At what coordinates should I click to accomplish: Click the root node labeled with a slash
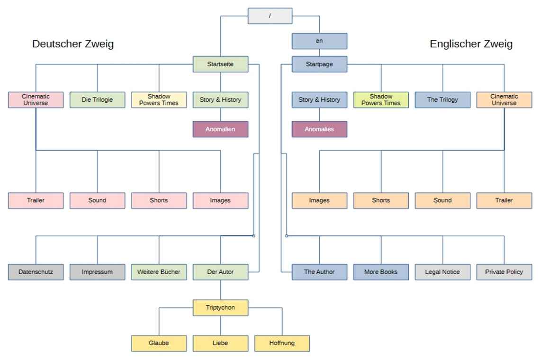click(270, 16)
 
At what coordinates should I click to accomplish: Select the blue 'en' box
click(319, 41)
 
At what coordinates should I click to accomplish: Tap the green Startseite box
click(220, 64)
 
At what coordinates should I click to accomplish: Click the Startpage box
click(319, 64)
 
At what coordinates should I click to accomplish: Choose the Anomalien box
click(220, 129)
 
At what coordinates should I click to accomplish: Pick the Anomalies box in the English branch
click(319, 129)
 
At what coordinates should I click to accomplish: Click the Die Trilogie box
click(97, 100)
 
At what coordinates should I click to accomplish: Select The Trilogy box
click(442, 100)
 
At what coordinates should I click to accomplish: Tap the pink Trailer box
click(36, 200)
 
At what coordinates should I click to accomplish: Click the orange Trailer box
click(504, 200)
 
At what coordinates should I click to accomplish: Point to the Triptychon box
click(220, 307)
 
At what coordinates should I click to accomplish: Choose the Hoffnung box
click(282, 343)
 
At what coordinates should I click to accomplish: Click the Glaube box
click(159, 343)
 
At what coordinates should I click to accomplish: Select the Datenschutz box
click(36, 272)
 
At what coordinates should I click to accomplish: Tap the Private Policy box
click(504, 272)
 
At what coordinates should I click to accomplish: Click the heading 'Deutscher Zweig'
click(73, 44)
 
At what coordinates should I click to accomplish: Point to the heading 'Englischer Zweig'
click(471, 44)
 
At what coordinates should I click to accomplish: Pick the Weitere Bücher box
click(159, 272)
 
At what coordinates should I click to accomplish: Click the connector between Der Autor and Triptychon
click(220, 290)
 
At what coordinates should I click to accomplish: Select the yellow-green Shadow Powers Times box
click(381, 100)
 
